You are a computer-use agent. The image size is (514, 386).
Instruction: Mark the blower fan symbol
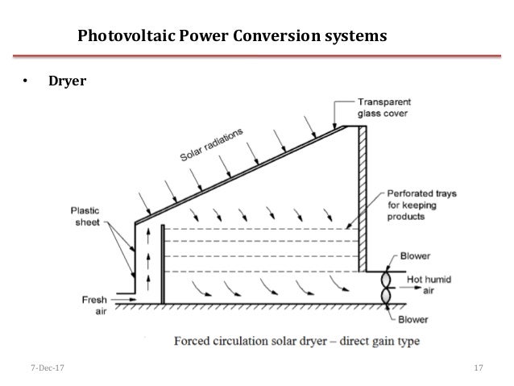coord(385,287)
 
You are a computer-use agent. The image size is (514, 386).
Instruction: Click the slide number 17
coord(479,368)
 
